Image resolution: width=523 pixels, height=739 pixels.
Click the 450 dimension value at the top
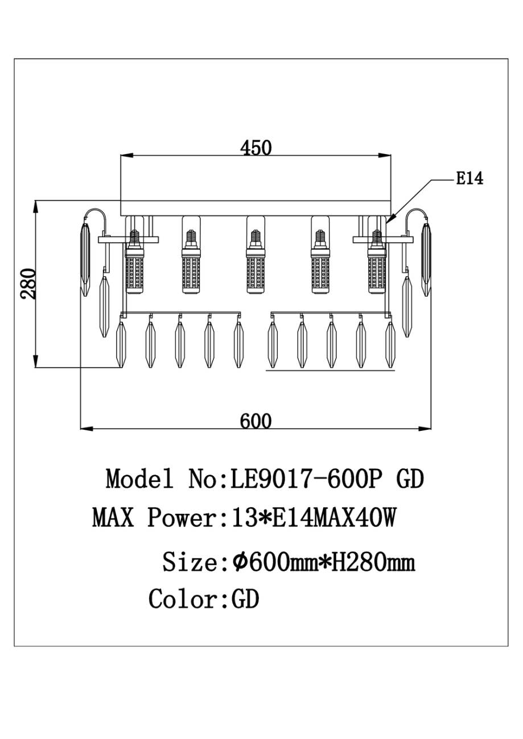click(x=256, y=148)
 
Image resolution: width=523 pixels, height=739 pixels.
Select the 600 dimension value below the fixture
click(x=256, y=421)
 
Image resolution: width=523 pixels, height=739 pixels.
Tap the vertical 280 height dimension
click(x=28, y=284)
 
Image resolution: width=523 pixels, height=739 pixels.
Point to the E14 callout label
click(x=470, y=178)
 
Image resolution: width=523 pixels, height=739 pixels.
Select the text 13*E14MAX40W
click(x=314, y=518)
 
